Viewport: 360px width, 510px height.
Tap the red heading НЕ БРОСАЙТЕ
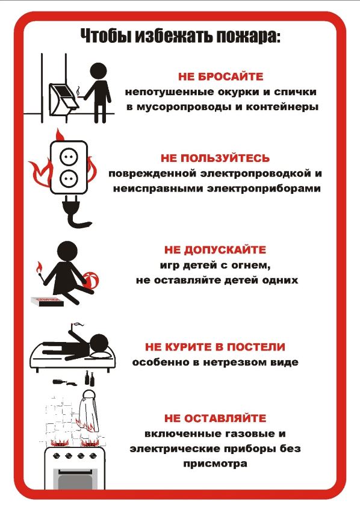[x=221, y=77]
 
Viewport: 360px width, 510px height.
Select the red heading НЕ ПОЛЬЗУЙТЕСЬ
[x=215, y=158]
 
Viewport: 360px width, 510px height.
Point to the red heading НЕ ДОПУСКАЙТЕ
[x=215, y=249]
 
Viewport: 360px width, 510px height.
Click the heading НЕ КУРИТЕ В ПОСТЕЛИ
[x=215, y=347]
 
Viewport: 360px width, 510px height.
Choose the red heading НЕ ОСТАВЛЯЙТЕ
[x=214, y=418]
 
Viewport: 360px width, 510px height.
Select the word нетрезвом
[x=234, y=362]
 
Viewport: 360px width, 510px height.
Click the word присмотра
[x=214, y=464]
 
